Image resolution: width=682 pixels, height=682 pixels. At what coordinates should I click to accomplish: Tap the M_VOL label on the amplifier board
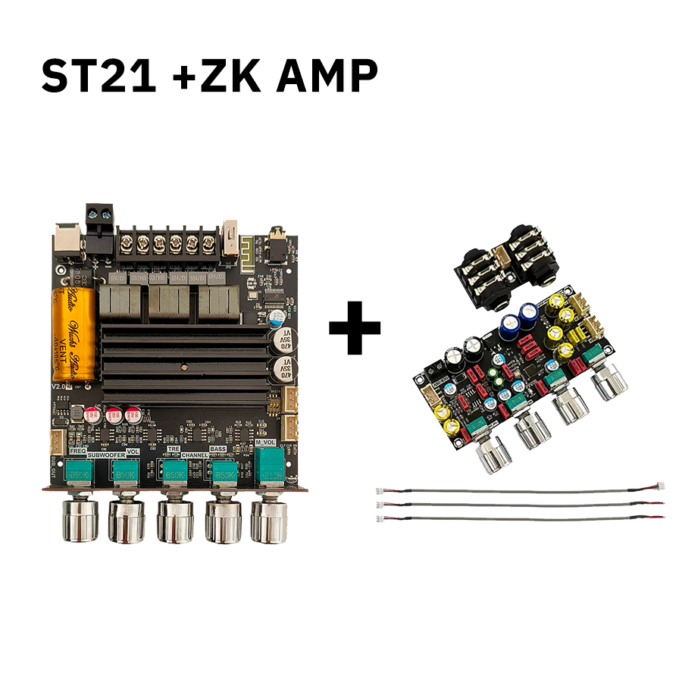pyautogui.click(x=265, y=443)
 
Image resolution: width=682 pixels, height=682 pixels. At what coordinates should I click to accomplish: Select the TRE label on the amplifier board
pyautogui.click(x=174, y=449)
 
